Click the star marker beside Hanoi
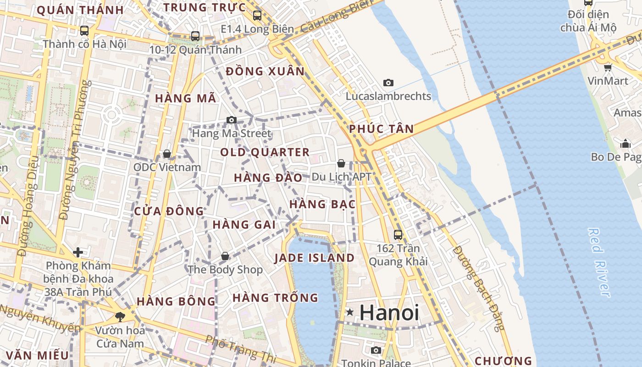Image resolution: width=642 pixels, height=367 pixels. (x=350, y=312)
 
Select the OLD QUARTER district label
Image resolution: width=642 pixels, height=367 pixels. (x=265, y=152)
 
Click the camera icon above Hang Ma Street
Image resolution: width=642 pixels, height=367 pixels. (x=232, y=120)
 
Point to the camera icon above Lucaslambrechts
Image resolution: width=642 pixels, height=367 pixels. (x=388, y=83)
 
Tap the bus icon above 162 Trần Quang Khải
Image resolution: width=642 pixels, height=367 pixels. (x=398, y=234)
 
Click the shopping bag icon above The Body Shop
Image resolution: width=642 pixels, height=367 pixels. (x=225, y=256)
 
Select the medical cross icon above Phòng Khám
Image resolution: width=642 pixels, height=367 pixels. (x=78, y=252)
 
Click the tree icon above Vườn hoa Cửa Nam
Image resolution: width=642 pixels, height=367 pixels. (x=120, y=317)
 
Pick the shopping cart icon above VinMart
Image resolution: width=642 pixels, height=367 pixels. (x=608, y=68)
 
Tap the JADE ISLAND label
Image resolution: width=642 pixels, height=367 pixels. (x=315, y=258)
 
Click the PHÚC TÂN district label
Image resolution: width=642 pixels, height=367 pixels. (x=382, y=129)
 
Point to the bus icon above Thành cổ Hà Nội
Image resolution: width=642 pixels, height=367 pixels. (x=84, y=31)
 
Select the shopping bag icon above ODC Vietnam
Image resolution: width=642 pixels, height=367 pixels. (x=167, y=153)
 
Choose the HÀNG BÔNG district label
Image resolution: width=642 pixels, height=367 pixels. (x=176, y=301)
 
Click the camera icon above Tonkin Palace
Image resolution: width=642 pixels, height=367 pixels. (x=376, y=350)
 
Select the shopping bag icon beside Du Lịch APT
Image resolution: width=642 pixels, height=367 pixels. (x=341, y=163)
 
